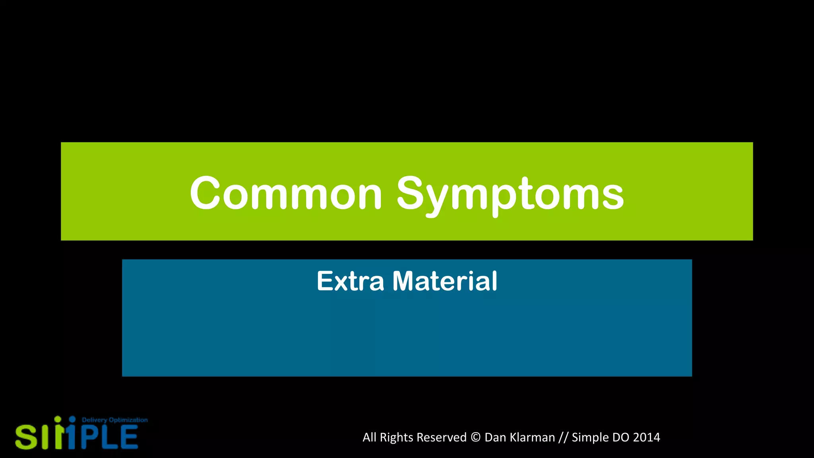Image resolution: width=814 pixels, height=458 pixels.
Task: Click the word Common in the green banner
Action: click(286, 194)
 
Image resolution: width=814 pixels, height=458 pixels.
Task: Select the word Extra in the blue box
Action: click(350, 281)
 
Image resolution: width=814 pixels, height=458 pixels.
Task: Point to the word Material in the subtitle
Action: click(445, 281)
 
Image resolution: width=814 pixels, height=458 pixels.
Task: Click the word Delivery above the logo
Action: click(94, 420)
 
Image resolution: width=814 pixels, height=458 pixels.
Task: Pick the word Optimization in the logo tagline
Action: click(128, 420)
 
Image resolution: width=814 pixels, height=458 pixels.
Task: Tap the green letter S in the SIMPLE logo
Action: click(26, 437)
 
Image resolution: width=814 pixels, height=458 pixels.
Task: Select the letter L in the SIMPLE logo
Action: click(110, 437)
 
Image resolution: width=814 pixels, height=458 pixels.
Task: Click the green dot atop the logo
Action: click(58, 419)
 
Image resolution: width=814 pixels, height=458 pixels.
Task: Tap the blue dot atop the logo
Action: click(72, 419)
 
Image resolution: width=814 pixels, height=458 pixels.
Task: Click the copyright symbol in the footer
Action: click(475, 437)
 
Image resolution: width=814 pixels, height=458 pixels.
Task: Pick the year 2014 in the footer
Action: click(646, 437)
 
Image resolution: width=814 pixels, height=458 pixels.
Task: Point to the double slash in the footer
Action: click(563, 437)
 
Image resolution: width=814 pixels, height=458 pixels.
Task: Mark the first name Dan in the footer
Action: click(495, 437)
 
